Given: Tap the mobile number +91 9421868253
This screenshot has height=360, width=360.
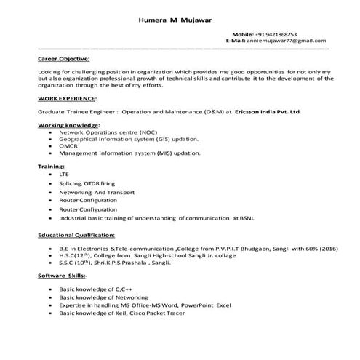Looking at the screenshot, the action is coord(276,34).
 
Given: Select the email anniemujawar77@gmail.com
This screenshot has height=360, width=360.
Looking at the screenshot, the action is coord(286,41).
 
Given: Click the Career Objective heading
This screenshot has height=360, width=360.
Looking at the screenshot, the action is coord(63,57).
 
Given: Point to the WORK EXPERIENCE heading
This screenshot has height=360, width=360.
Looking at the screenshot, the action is coord(66,97).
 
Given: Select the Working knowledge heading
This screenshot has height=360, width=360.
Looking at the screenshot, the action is coord(68,126).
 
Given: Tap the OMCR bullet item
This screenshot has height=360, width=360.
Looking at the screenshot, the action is coord(69,146).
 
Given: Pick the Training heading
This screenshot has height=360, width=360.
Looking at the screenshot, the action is coord(51,167).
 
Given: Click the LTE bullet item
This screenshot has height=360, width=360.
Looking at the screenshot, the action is coord(65,175).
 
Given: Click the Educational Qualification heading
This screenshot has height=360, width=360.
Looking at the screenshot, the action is coord(76,236).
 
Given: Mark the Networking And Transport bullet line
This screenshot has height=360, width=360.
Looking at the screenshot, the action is coord(97,192).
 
